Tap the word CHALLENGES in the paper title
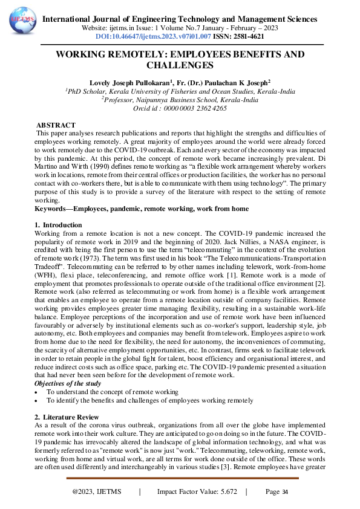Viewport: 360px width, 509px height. pos(180,65)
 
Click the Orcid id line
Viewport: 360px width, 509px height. pos(180,108)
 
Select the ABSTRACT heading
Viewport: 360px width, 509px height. pos(56,125)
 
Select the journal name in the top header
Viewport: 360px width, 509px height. pos(180,19)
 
